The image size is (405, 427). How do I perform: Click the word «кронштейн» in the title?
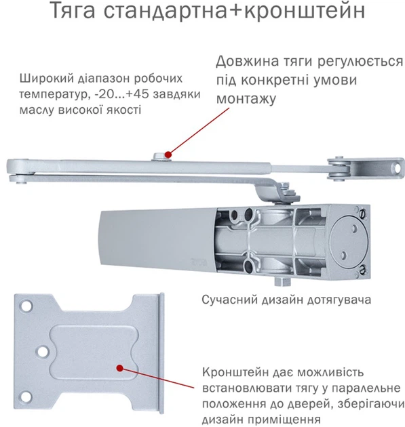point(305,10)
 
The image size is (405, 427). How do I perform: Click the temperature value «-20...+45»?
point(121,94)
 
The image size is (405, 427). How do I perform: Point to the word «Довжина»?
point(248,62)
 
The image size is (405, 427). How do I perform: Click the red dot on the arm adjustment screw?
point(168,155)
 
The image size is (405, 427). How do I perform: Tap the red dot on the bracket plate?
point(119,368)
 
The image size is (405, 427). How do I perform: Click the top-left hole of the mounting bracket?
point(26,305)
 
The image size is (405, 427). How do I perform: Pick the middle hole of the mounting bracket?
point(43,351)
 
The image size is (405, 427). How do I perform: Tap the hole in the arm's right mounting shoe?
point(398,168)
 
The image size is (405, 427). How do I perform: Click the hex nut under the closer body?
point(282,281)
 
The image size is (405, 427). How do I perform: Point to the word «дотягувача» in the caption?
point(339,300)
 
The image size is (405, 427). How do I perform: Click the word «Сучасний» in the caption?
point(230,300)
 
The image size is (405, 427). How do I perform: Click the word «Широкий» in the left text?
point(47,79)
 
